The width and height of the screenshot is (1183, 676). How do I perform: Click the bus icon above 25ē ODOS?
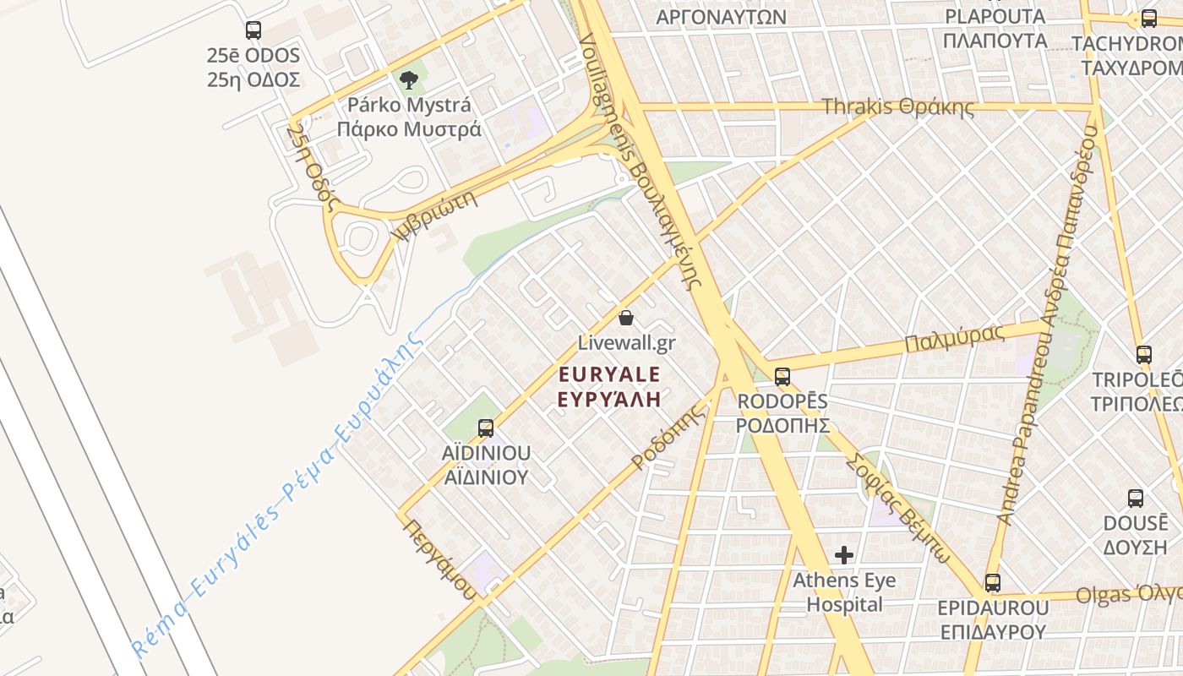253,30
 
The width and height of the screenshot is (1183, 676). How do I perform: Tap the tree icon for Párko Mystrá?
409,80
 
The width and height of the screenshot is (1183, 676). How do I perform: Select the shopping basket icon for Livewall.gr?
626,318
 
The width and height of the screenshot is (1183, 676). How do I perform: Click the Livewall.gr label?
626,343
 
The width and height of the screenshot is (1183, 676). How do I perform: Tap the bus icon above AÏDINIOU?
486,428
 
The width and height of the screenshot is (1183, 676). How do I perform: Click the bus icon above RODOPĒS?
782,377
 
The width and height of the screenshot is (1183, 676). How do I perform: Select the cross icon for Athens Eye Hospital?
843,555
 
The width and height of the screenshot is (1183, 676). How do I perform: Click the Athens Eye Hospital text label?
843,592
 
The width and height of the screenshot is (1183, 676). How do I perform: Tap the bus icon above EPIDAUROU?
993,583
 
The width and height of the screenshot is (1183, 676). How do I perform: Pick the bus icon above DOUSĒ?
1136,499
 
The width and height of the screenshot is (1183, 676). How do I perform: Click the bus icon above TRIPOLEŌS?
1144,355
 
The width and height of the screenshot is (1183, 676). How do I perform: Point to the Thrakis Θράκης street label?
897,107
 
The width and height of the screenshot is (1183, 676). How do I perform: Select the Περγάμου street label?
439,558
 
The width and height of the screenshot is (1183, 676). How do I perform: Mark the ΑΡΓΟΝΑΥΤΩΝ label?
721,17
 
